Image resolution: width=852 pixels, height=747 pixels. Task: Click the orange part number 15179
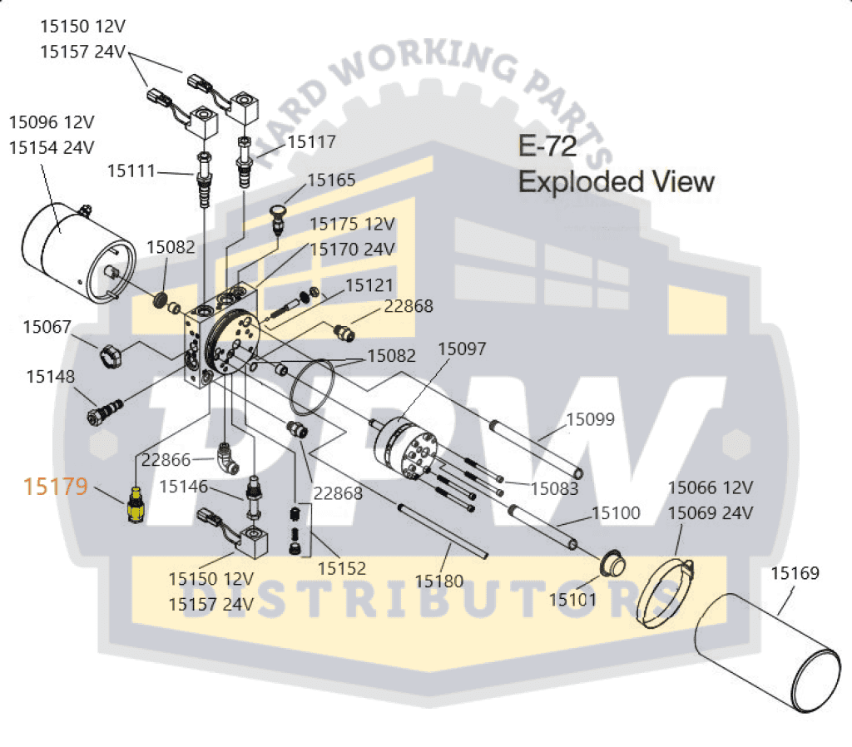click(x=56, y=486)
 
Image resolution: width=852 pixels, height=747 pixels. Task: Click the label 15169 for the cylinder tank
click(x=795, y=573)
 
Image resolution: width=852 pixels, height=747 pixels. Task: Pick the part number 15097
click(x=462, y=349)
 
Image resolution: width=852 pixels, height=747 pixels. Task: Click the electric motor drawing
click(x=73, y=252)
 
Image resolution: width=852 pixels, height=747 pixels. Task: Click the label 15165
click(x=331, y=180)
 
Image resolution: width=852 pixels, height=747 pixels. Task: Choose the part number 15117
click(x=311, y=142)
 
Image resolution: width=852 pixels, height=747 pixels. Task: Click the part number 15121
click(x=369, y=285)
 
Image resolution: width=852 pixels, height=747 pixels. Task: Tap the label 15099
click(x=591, y=419)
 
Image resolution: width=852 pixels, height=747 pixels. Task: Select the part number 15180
click(x=439, y=581)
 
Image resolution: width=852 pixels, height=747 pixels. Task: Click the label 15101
click(x=573, y=597)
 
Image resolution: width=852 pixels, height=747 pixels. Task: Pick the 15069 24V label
click(x=710, y=512)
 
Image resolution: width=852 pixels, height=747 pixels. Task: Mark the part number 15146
click(x=184, y=486)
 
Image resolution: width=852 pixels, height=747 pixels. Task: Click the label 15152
click(x=342, y=570)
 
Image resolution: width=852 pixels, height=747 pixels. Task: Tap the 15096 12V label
click(x=52, y=122)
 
